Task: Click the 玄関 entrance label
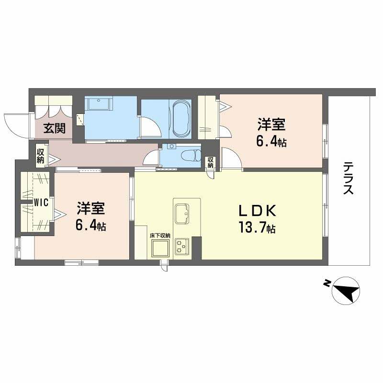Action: pyautogui.click(x=55, y=128)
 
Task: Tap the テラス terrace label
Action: pyautogui.click(x=348, y=178)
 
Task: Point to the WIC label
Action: pyautogui.click(x=41, y=203)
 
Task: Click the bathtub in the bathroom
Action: pyautogui.click(x=181, y=118)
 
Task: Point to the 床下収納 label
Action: pyautogui.click(x=159, y=236)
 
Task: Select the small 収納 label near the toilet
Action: pyautogui.click(x=210, y=163)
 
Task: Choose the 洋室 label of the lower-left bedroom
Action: pyautogui.click(x=91, y=208)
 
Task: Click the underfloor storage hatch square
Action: pyautogui.click(x=159, y=248)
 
